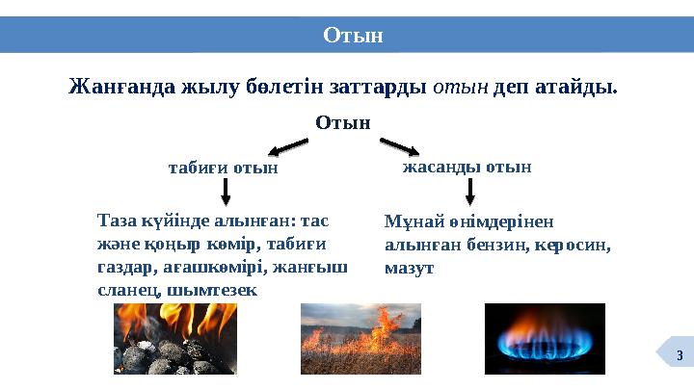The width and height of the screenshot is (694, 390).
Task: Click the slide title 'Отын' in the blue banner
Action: tap(353, 36)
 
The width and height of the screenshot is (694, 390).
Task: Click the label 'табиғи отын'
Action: tap(223, 168)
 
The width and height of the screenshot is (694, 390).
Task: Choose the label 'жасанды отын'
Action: tap(467, 167)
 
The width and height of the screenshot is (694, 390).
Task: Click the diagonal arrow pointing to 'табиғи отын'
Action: tap(287, 147)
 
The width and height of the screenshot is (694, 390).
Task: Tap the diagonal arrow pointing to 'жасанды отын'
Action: tap(399, 146)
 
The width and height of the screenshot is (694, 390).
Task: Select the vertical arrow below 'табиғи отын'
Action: tap(226, 192)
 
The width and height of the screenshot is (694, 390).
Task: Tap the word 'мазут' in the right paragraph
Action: tap(409, 269)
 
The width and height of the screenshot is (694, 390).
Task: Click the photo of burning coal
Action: tap(175, 338)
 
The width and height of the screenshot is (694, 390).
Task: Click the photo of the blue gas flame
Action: tap(544, 338)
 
